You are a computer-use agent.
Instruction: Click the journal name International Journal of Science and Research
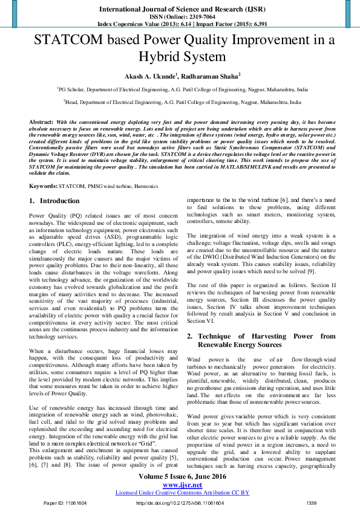(180, 10)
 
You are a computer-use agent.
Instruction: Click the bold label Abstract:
(41, 122)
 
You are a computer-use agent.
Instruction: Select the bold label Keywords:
(43, 186)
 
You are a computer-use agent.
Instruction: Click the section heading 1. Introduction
(54, 201)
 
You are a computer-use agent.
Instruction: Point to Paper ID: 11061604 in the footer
(65, 503)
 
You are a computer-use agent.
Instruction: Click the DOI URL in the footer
(180, 503)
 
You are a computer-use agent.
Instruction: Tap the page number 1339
(312, 503)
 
